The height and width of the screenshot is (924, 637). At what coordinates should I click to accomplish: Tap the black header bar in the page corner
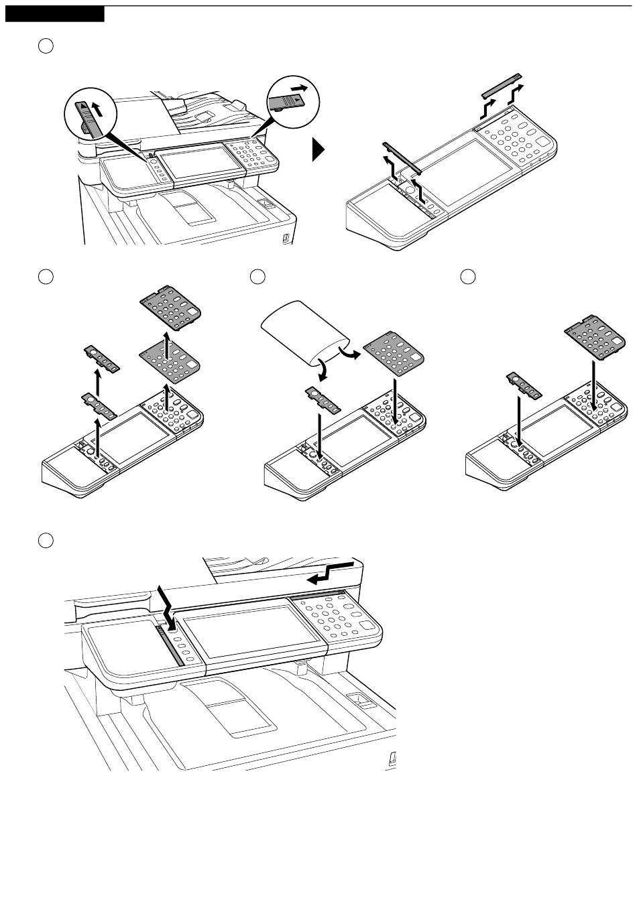(x=54, y=14)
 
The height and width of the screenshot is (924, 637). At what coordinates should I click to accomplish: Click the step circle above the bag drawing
(x=257, y=276)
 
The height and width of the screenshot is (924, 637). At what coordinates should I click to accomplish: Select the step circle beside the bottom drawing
(x=45, y=540)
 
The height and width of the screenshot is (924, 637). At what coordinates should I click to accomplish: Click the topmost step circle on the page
(x=45, y=46)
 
